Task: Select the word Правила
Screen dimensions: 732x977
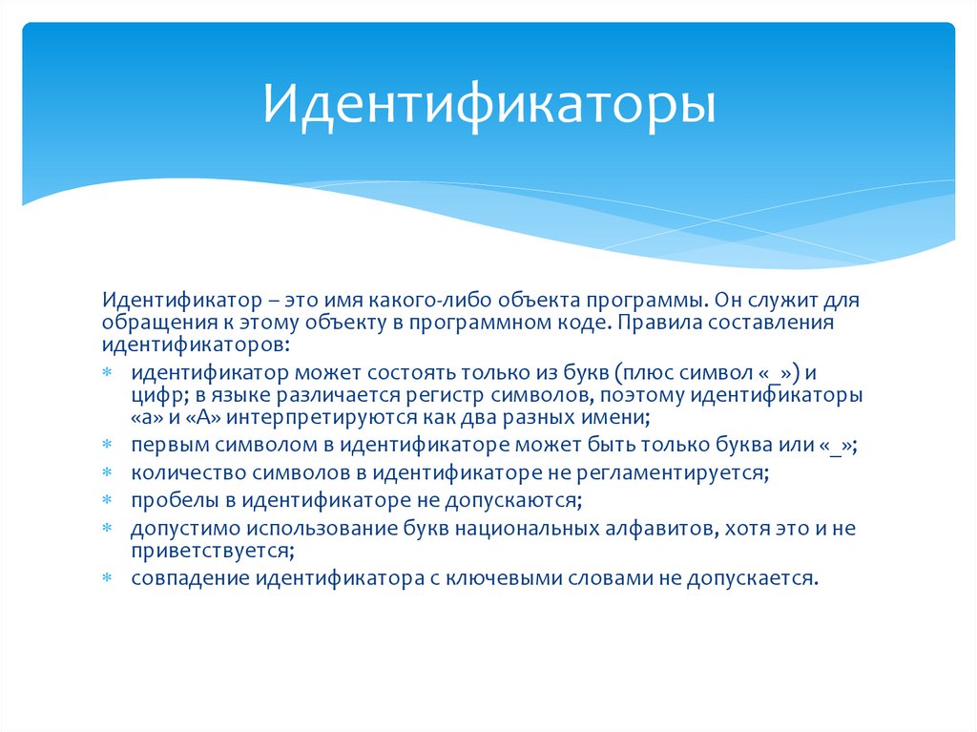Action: pyautogui.click(x=651, y=324)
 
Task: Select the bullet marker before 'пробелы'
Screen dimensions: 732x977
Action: pyautogui.click(x=108, y=500)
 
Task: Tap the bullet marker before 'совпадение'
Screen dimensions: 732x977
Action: pyautogui.click(x=108, y=579)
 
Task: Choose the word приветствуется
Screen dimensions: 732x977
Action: pyautogui.click(x=210, y=551)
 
